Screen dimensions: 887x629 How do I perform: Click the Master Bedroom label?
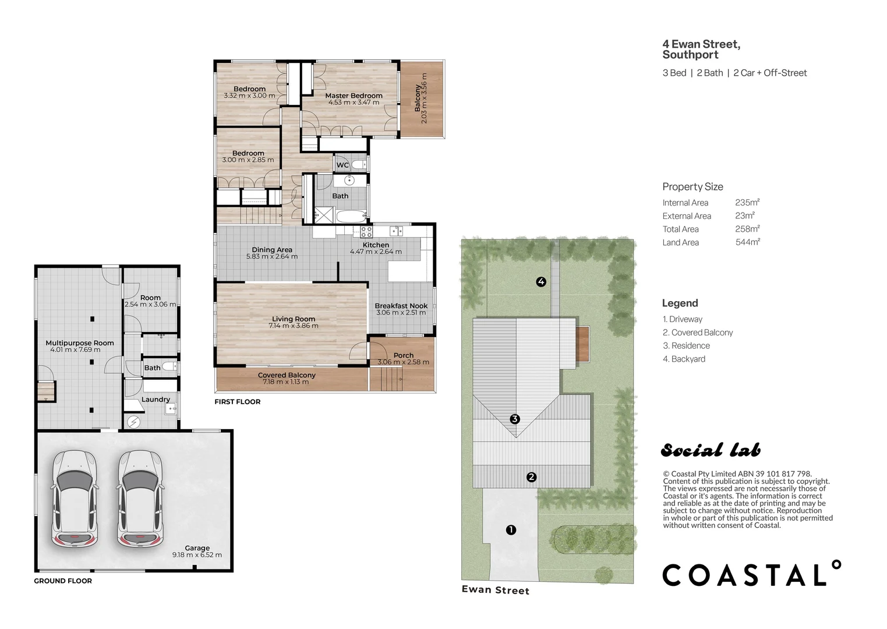point(354,96)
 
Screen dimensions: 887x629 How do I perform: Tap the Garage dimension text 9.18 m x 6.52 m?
point(197,555)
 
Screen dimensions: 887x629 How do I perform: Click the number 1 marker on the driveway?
point(511,530)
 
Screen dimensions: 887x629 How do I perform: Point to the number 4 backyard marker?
point(541,282)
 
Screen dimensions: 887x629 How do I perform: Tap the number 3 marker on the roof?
point(514,419)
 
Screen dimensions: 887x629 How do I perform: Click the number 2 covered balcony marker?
point(531,477)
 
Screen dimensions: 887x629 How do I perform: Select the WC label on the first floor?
point(342,165)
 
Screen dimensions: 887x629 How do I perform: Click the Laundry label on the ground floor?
point(156,400)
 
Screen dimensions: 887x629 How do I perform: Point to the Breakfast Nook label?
point(401,306)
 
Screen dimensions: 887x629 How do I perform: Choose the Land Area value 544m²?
point(748,242)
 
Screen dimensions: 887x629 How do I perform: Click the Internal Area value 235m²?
point(747,203)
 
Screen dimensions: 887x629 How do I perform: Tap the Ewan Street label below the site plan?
point(496,590)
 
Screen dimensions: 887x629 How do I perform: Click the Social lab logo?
point(711,450)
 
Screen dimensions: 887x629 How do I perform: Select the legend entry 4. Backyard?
point(684,359)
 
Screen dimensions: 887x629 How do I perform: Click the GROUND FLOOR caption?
point(63,581)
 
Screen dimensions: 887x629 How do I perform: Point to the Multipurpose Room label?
point(80,343)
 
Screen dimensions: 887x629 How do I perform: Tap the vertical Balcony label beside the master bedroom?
point(418,98)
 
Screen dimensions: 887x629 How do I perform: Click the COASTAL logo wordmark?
point(751,574)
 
